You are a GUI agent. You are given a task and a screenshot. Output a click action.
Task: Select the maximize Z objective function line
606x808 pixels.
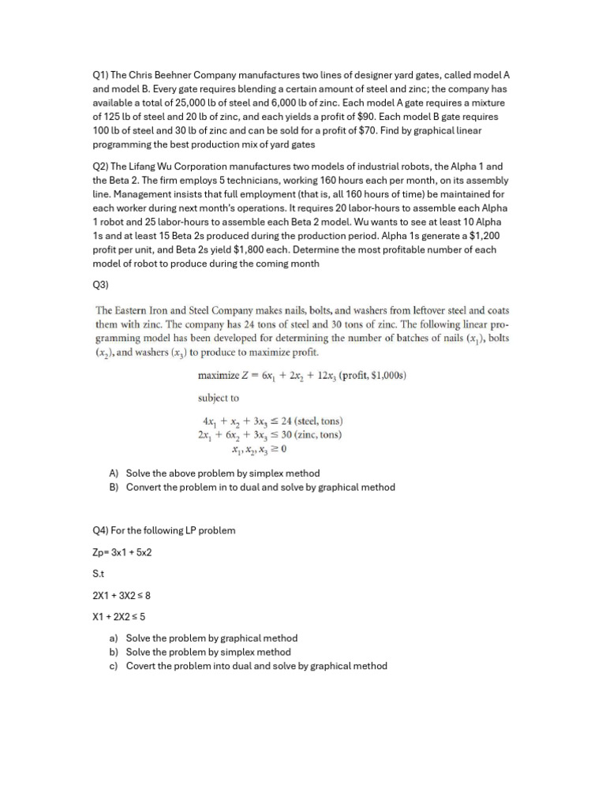pyautogui.click(x=301, y=376)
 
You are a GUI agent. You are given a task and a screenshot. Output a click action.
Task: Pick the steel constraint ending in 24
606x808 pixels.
pyautogui.click(x=272, y=421)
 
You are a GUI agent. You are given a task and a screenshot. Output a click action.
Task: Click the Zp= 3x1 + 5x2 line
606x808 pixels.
pyautogui.click(x=122, y=552)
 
